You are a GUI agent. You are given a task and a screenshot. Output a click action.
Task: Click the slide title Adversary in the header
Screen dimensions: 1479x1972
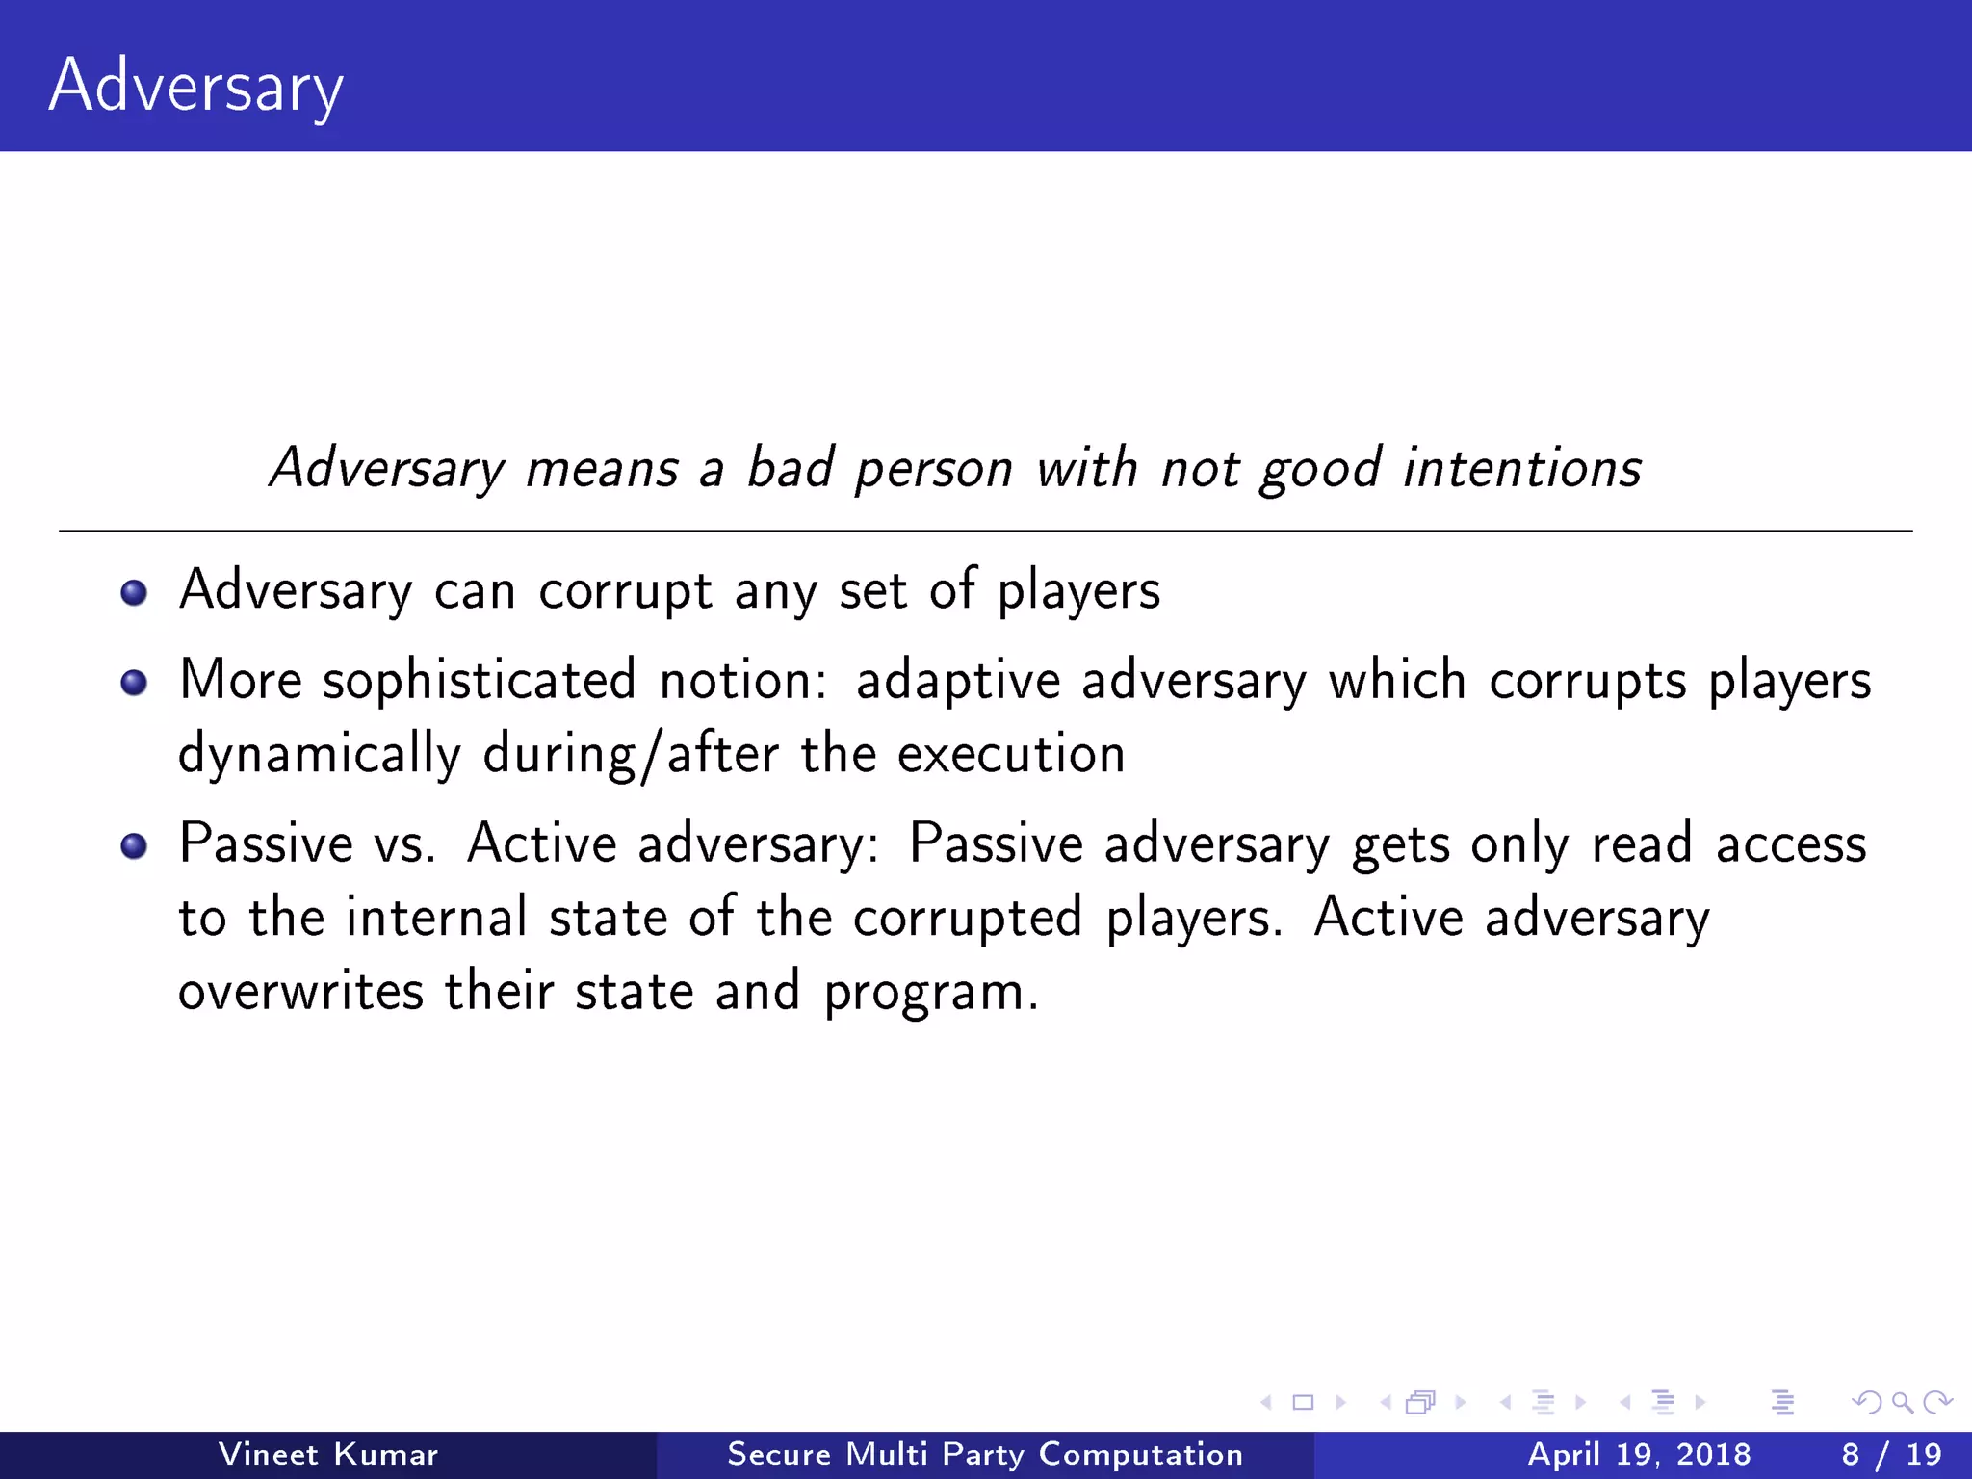coord(195,87)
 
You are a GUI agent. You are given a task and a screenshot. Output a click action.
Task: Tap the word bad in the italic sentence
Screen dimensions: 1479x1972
coord(790,469)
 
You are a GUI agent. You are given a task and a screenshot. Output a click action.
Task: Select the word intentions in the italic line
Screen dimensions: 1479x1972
coord(1521,469)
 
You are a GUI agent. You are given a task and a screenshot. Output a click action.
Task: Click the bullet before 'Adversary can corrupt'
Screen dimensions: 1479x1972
coord(134,592)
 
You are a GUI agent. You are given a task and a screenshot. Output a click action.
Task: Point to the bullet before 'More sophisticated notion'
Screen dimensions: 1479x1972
coord(134,683)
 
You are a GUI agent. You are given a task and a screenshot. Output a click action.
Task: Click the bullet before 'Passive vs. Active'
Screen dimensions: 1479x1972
coord(134,846)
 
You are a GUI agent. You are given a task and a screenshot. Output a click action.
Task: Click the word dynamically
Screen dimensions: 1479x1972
coord(319,755)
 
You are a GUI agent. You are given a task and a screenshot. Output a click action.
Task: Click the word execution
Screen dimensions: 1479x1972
coord(1011,755)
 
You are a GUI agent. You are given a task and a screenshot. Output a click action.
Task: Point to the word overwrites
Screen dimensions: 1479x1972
coord(300,992)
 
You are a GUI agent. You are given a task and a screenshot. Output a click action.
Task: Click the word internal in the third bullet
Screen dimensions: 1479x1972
coord(436,917)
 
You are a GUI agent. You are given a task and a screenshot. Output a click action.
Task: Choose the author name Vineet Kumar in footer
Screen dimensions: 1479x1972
coord(328,1454)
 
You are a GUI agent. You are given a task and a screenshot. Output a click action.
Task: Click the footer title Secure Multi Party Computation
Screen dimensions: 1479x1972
coord(985,1454)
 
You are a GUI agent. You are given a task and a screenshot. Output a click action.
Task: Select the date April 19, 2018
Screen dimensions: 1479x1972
coord(1639,1454)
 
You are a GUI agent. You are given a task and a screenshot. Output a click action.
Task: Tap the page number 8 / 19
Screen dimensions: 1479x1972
coord(1891,1454)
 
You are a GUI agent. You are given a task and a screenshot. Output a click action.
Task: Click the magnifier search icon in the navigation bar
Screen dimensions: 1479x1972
coord(1902,1402)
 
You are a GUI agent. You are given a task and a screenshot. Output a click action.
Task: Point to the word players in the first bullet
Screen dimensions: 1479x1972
coord(1078,592)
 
